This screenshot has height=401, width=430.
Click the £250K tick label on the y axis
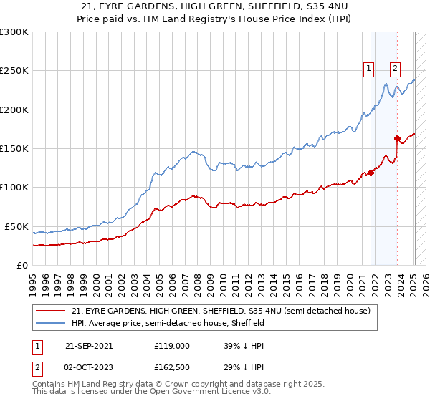click(14, 71)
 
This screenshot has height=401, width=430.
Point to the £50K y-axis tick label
click(16, 226)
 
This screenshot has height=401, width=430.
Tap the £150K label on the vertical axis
click(14, 148)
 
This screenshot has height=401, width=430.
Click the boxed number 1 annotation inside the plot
click(368, 69)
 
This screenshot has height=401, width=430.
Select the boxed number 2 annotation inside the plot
click(394, 69)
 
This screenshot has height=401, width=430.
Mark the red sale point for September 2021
click(371, 173)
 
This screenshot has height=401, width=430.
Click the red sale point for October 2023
click(397, 139)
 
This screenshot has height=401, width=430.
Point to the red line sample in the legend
click(50, 311)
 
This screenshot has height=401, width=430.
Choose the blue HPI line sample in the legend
click(50, 323)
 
